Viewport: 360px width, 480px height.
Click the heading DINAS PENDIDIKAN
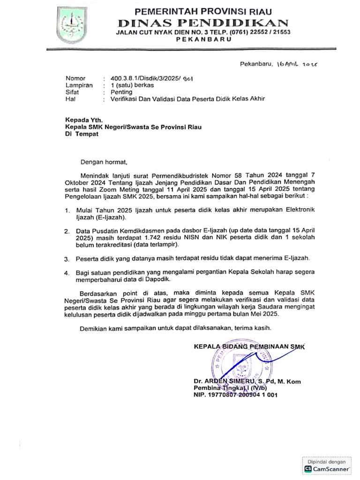[203, 22]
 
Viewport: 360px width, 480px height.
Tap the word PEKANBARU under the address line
[203, 40]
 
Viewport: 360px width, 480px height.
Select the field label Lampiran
[79, 85]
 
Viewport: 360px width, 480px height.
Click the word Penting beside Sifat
[121, 92]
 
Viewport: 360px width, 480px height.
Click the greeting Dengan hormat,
[104, 162]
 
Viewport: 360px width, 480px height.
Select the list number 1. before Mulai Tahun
[67, 211]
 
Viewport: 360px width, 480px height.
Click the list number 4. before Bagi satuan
[67, 273]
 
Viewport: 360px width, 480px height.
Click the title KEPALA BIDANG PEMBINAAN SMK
[249, 347]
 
